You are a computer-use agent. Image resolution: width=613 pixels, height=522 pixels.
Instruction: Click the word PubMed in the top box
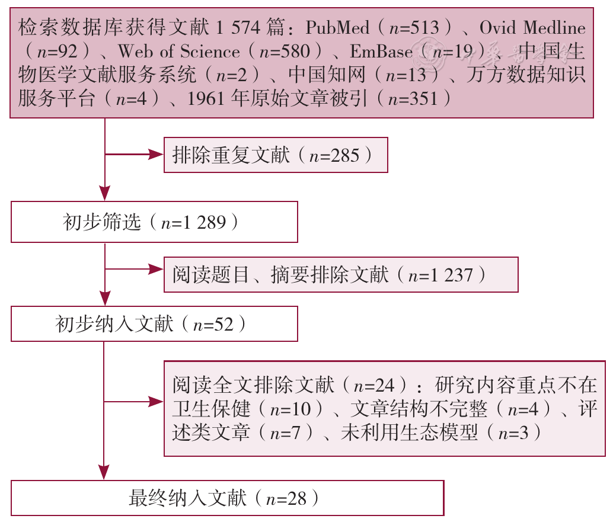tap(337, 27)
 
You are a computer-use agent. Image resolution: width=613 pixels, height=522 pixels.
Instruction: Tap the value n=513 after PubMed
tap(414, 28)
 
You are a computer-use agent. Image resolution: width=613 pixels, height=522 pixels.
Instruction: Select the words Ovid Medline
tap(532, 27)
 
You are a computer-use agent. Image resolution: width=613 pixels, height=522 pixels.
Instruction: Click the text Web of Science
tap(178, 51)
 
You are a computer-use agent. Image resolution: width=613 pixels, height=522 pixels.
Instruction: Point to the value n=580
tap(284, 52)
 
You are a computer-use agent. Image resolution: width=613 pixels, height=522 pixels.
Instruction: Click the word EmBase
tap(381, 51)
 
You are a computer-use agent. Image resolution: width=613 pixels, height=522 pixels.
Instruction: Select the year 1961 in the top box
tap(206, 98)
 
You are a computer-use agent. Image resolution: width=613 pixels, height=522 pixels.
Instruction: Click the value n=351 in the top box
tap(413, 99)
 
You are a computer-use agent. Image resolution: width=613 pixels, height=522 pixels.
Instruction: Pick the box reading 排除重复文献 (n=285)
tap(276, 155)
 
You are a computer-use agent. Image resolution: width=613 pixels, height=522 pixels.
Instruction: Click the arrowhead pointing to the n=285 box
tap(156, 154)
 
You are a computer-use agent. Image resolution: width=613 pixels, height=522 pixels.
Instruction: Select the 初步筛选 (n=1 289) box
tap(154, 222)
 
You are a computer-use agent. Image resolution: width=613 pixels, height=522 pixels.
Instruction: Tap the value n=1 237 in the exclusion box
tap(440, 276)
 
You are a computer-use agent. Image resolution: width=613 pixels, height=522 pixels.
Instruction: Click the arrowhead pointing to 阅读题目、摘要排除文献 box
tap(156, 269)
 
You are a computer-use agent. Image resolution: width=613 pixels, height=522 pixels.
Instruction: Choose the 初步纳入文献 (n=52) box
tap(154, 324)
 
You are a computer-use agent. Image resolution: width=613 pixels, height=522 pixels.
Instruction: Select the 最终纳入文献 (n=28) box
tap(228, 498)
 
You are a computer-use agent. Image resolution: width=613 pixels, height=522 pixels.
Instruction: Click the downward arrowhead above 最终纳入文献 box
tap(104, 473)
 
